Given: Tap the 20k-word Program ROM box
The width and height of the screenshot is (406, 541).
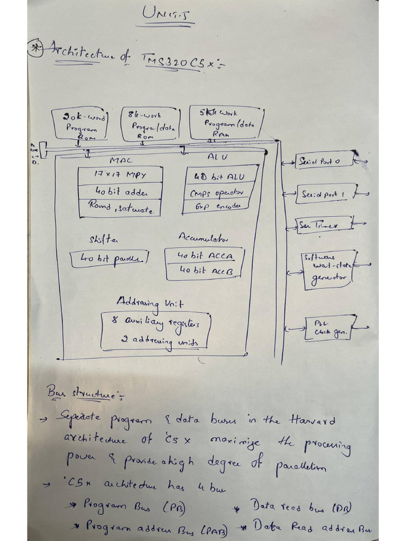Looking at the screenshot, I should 79,124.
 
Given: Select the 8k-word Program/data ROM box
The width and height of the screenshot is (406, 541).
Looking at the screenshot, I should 152,124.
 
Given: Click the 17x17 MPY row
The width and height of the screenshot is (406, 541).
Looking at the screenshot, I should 120,174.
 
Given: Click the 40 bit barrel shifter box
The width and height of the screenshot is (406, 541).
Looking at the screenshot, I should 109,258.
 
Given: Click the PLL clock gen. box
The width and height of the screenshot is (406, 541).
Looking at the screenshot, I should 330,328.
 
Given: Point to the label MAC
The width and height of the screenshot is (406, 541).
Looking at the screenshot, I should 120,160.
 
